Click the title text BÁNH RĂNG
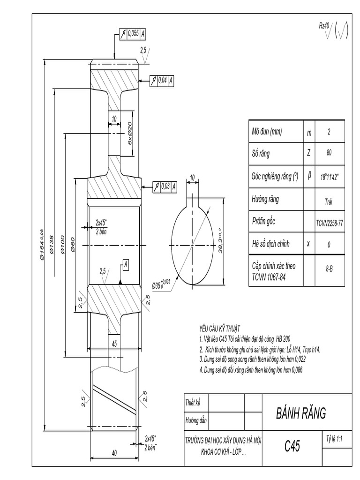[x=300, y=413]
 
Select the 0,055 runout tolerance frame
[x=132, y=33]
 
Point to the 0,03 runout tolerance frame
[x=165, y=186]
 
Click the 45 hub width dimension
[x=113, y=344]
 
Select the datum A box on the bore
[x=126, y=266]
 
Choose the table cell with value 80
[x=329, y=153]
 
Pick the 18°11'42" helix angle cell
[x=329, y=178]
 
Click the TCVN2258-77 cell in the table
[x=329, y=223]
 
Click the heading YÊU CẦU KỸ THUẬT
[x=220, y=329]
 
